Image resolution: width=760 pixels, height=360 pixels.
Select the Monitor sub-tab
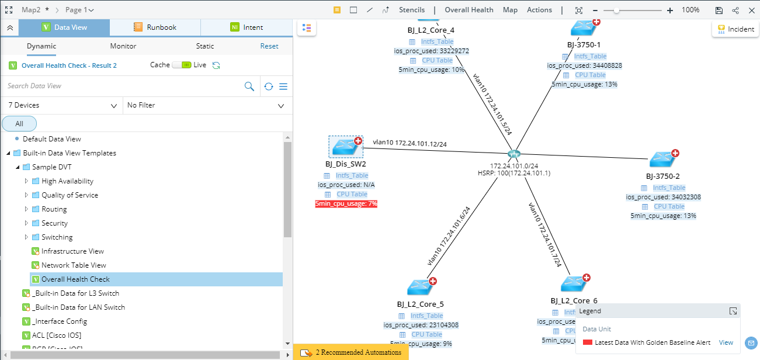tap(123, 46)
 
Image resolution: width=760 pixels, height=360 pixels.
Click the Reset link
tap(269, 46)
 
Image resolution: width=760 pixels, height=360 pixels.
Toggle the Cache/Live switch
tap(182, 65)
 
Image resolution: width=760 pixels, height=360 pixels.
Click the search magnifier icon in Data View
tap(249, 86)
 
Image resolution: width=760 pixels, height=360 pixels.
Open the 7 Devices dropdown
tap(62, 106)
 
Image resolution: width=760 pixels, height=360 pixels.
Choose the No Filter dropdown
tap(206, 106)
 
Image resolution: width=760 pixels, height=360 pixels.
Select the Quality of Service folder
tap(70, 195)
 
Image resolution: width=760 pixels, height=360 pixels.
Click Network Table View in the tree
tap(74, 265)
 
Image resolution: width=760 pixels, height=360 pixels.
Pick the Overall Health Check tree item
tap(75, 279)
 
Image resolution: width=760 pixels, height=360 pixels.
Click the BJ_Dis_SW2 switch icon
tap(346, 147)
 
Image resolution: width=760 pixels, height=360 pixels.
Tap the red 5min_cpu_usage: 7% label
tap(346, 204)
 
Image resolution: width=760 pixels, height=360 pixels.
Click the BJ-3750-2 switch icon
tap(663, 159)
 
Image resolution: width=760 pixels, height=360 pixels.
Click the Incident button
tap(735, 29)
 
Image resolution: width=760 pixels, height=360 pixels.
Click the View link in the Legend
tap(726, 343)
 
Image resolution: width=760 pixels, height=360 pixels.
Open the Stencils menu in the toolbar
tap(412, 10)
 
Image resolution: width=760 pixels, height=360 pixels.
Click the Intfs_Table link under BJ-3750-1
tap(590, 57)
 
